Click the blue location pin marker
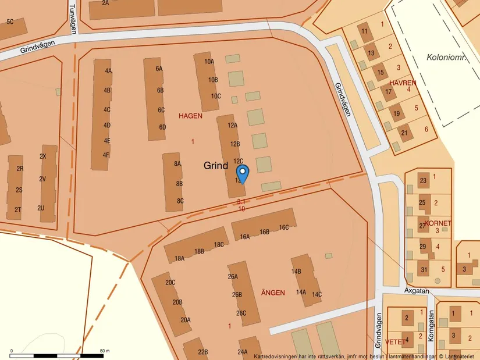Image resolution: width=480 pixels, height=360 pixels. click(243, 173)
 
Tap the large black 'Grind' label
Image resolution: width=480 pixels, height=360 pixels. click(216, 166)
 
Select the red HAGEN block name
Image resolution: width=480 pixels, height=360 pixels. click(190, 116)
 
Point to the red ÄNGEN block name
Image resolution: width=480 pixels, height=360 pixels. click(272, 293)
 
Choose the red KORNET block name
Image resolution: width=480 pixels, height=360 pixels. click(438, 223)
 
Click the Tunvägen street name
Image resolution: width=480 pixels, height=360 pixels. click(73, 18)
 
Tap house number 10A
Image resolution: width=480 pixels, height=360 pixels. click(209, 62)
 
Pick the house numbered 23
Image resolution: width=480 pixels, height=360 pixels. click(423, 180)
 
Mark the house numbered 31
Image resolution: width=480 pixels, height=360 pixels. click(424, 269)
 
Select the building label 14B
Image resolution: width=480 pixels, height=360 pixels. click(296, 272)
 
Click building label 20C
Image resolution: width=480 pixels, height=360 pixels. click(170, 283)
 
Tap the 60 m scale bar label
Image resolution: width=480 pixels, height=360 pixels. click(105, 351)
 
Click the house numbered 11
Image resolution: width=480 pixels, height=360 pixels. click(364, 31)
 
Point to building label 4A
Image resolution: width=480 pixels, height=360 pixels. click(108, 71)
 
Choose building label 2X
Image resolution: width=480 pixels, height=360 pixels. click(43, 156)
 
